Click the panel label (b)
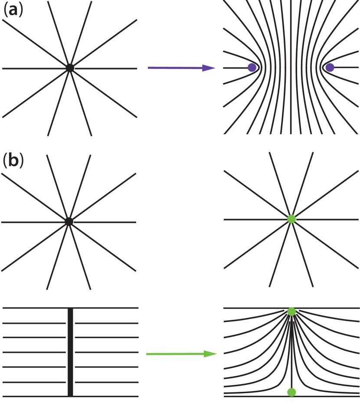[13, 161]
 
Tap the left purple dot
[252, 68]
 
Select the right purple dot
[330, 68]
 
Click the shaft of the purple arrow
[173, 68]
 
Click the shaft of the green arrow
[173, 354]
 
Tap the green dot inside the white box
[291, 219]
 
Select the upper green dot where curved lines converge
[291, 311]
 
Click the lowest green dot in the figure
[291, 392]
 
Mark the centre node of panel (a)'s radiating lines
[70, 68]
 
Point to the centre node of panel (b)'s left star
[69, 222]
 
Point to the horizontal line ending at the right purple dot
[345, 68]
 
